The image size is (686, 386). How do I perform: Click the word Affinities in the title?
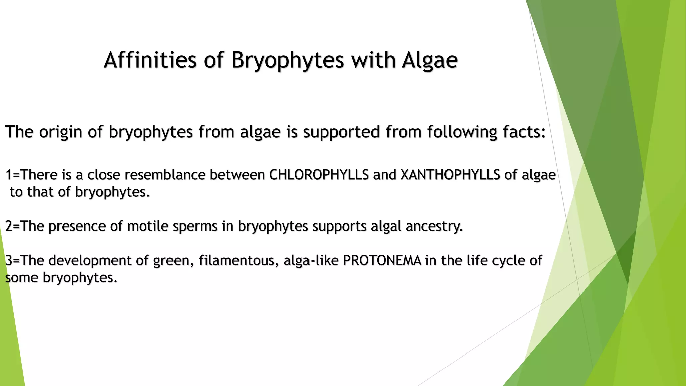tap(150, 60)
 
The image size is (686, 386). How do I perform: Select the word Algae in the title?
tap(430, 61)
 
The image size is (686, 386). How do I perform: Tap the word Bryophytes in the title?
tap(287, 61)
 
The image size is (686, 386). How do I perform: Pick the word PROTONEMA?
tap(382, 260)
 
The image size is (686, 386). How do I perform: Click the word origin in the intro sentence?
tap(61, 132)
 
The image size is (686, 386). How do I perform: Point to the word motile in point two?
tap(148, 226)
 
